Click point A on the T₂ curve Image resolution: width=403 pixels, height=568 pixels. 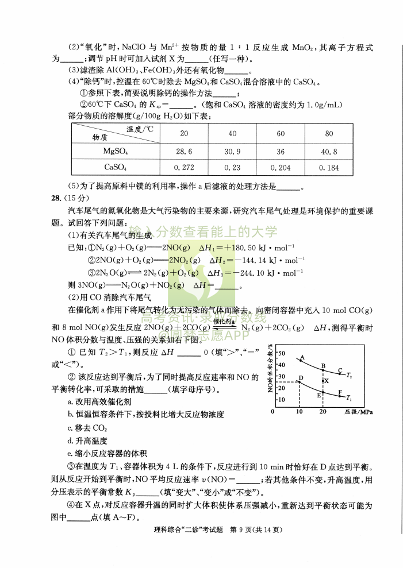(300, 360)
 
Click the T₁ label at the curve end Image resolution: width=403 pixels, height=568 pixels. (350, 398)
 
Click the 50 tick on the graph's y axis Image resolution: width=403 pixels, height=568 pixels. (281, 353)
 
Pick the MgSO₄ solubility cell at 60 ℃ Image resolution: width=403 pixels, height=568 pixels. (281, 152)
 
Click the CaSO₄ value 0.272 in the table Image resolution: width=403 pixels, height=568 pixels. (184, 167)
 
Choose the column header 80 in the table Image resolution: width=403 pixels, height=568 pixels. (329, 134)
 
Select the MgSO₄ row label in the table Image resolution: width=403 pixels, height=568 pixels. (116, 152)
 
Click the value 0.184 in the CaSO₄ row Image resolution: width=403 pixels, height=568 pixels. (329, 167)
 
